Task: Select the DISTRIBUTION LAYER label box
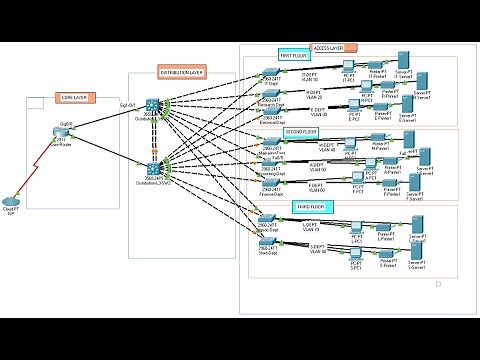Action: point(184,71)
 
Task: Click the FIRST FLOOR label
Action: point(293,55)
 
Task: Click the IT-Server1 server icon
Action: point(405,60)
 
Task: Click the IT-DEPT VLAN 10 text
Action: point(310,78)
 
